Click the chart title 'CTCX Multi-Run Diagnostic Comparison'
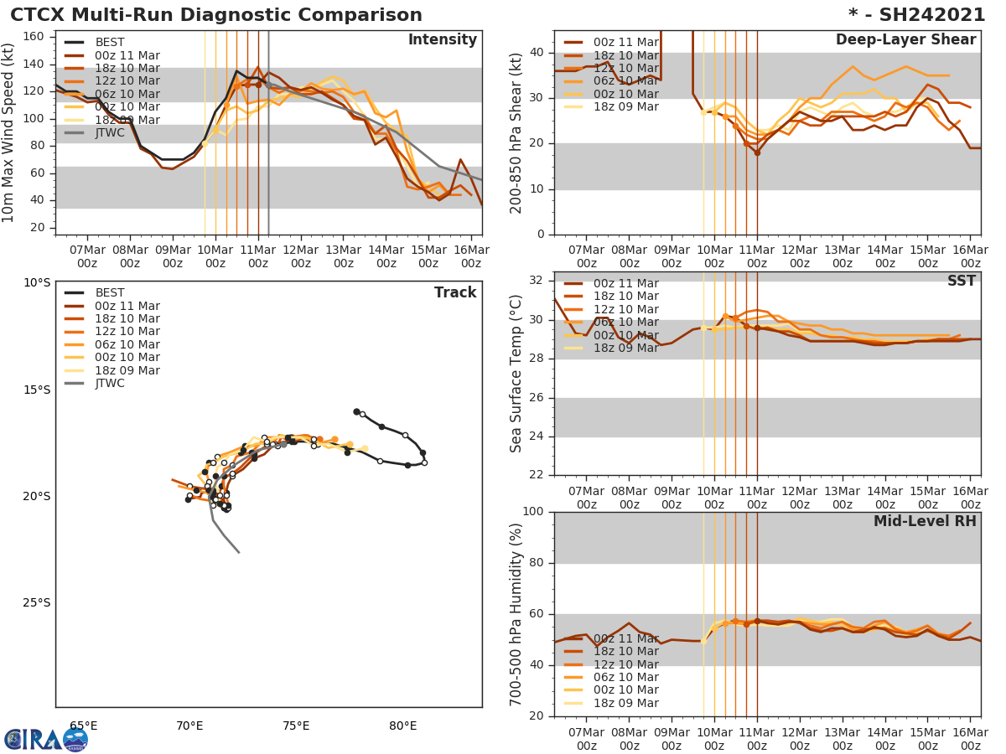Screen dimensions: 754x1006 coord(216,15)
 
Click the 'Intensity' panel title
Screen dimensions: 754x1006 coord(442,40)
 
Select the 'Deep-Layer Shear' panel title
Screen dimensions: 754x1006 coord(905,40)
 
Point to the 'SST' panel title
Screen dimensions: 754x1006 coord(961,281)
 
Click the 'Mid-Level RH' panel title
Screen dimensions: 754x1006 coord(925,521)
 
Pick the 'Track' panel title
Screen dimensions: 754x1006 coord(455,292)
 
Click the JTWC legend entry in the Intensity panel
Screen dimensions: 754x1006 coord(110,132)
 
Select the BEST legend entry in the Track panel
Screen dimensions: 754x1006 coord(110,293)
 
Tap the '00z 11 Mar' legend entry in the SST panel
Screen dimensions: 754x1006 coord(627,283)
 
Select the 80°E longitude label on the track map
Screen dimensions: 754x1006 coord(403,726)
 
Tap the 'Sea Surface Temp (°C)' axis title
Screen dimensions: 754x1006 coord(517,374)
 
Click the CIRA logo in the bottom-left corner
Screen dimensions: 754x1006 coord(45,740)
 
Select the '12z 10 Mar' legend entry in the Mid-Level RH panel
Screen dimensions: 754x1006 coord(627,664)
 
